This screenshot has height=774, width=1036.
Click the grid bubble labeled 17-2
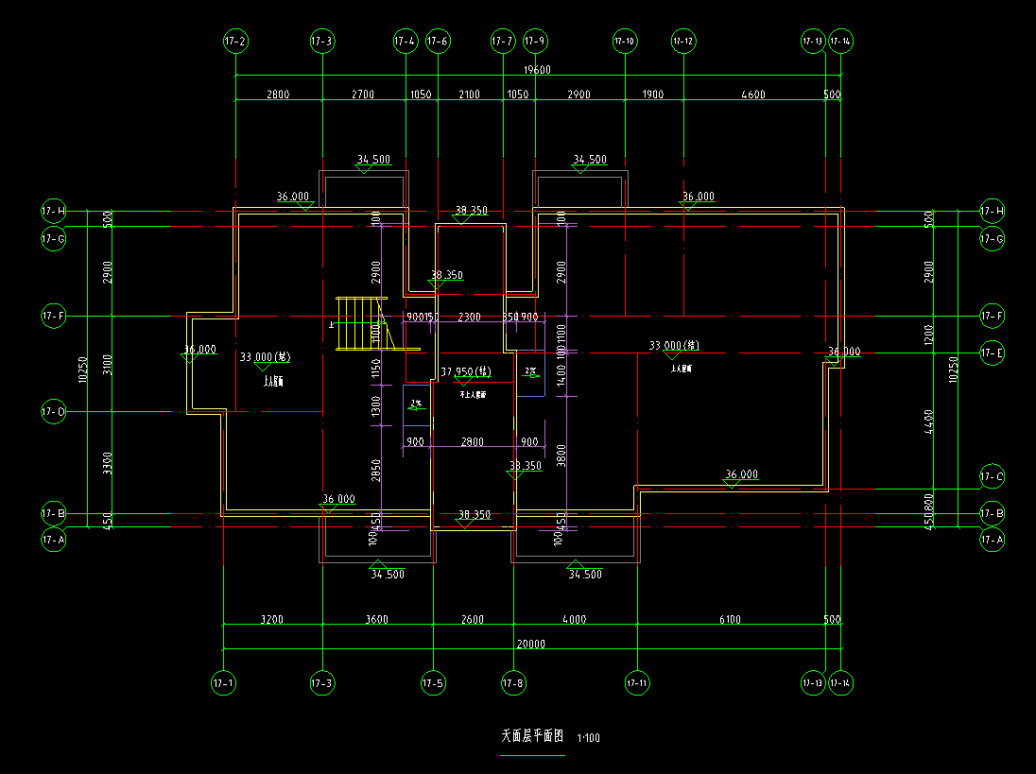click(235, 42)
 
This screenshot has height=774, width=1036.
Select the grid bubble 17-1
click(223, 682)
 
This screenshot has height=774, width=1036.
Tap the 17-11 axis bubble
click(637, 682)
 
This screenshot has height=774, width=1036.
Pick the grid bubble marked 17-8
click(513, 682)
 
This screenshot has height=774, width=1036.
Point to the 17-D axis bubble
click(54, 412)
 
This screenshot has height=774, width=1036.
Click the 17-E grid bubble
click(992, 353)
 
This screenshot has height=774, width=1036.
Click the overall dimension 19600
click(538, 70)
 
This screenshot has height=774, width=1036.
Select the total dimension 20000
click(531, 644)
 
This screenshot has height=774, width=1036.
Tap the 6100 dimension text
click(730, 620)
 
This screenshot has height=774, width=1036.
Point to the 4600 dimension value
click(752, 95)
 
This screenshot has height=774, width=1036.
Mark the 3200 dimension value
click(272, 620)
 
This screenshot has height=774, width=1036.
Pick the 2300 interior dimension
click(469, 318)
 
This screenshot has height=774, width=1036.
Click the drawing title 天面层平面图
click(532, 735)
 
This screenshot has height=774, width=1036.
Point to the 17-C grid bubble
click(992, 477)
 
